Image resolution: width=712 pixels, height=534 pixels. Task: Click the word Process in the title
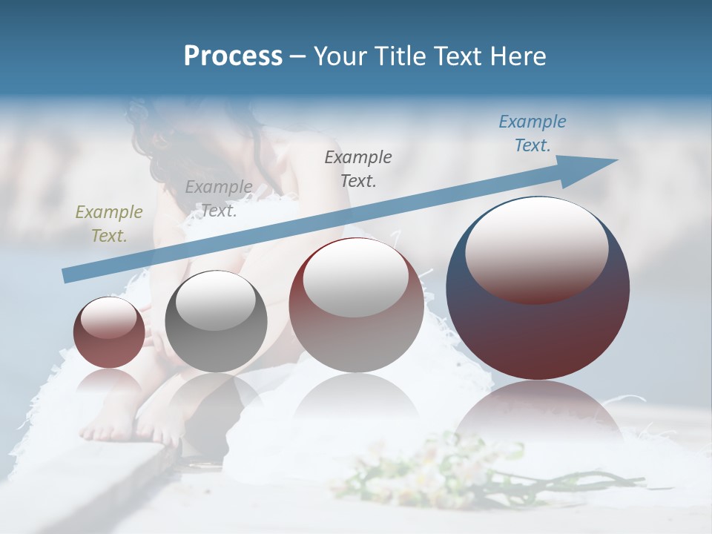[x=233, y=56]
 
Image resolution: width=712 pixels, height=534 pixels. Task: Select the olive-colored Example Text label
[x=109, y=223]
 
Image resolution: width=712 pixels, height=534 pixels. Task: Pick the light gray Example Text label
[x=218, y=198]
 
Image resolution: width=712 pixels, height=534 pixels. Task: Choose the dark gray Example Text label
[x=358, y=168]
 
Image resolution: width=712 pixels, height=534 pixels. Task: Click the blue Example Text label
[x=532, y=133]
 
